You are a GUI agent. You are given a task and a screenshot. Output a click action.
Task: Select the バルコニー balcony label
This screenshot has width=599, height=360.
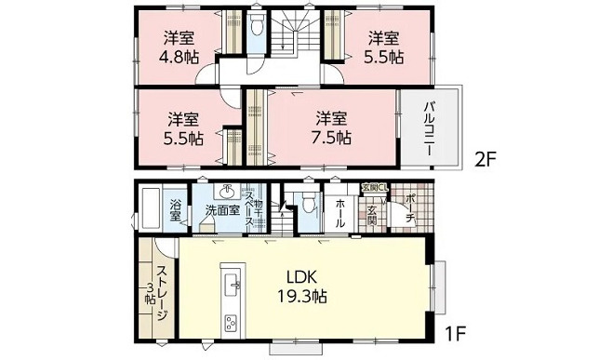(x=433, y=129)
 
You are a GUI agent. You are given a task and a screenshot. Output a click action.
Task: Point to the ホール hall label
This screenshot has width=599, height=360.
(x=339, y=210)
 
